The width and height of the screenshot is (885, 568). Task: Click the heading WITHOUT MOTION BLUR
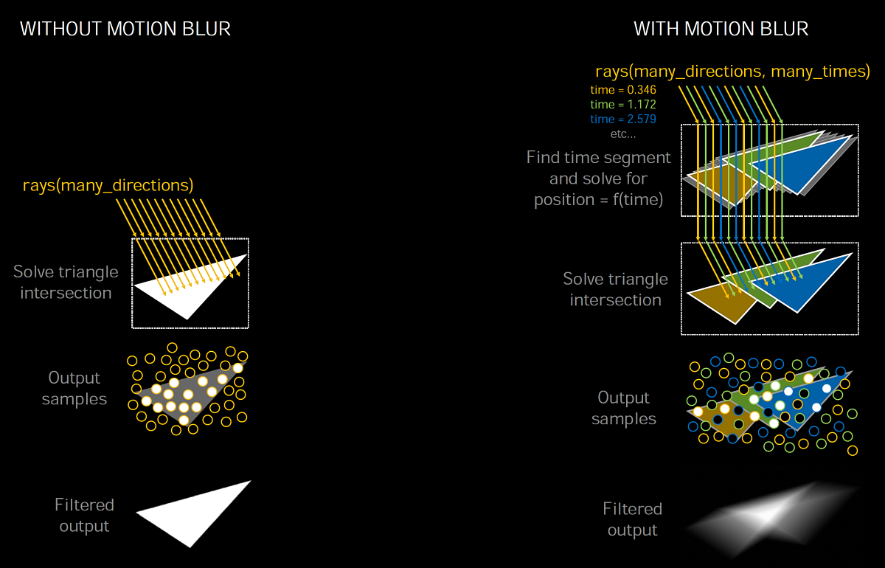click(x=125, y=30)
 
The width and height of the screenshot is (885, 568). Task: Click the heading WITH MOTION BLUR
click(x=721, y=30)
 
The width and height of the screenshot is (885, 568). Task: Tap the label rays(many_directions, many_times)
click(x=732, y=72)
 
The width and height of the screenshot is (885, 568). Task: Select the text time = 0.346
click(x=623, y=89)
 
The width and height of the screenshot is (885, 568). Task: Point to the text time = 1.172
click(x=623, y=104)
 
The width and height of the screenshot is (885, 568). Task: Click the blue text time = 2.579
click(x=623, y=119)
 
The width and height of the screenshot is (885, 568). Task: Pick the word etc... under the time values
click(x=623, y=134)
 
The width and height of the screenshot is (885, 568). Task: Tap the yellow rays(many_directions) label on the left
click(x=108, y=184)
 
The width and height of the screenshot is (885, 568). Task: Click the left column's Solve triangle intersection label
click(x=66, y=282)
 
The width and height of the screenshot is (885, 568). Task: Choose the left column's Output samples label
click(x=74, y=388)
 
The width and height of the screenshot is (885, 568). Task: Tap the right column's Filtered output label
click(x=632, y=519)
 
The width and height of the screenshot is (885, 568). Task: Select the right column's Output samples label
click(x=623, y=408)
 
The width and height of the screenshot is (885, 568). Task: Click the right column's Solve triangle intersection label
click(x=615, y=289)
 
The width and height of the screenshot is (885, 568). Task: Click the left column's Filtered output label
click(x=84, y=515)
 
